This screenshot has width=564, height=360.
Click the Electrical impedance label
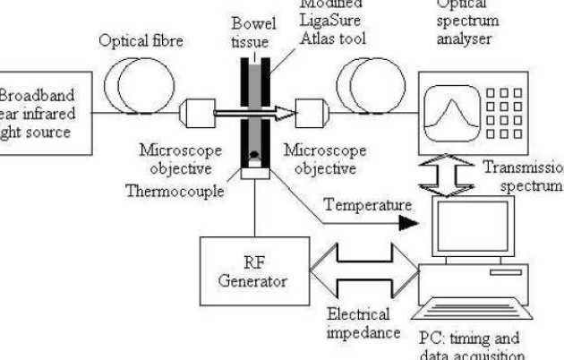(357, 322)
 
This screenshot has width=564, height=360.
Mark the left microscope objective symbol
(196, 114)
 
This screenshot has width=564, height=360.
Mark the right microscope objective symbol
(310, 114)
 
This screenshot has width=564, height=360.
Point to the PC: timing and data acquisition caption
(469, 346)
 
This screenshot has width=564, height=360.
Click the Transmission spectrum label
(525, 176)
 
